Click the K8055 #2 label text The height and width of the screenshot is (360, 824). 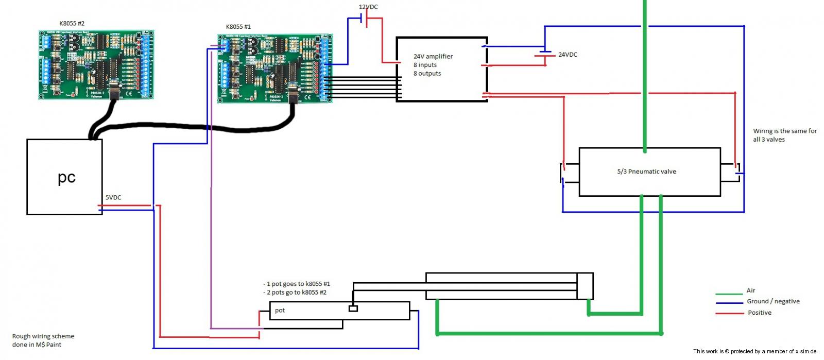pos(72,23)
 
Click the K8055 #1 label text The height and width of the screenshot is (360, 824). pos(238,27)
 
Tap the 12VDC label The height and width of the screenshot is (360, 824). pos(368,7)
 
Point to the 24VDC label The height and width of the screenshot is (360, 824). pos(568,55)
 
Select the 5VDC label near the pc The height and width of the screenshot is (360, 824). pos(113,197)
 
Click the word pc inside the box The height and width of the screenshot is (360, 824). pos(66,177)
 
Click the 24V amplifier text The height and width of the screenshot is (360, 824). pos(433,57)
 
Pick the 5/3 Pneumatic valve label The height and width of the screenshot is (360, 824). pos(646,172)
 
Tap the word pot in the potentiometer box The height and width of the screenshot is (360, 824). pos(280,310)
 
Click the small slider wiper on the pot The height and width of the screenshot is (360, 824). pos(353,308)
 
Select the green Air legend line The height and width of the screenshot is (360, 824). pos(728,294)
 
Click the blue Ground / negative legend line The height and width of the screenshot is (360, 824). pos(728,303)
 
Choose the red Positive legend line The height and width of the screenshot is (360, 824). pos(728,313)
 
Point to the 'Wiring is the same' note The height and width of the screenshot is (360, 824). pos(784,135)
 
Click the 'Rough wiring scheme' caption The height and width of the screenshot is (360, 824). pos(43,340)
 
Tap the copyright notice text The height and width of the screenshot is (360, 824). pos(754,351)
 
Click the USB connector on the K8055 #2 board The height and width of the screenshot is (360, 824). pos(113,85)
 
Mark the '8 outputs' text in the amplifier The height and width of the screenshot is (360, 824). pos(427,74)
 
